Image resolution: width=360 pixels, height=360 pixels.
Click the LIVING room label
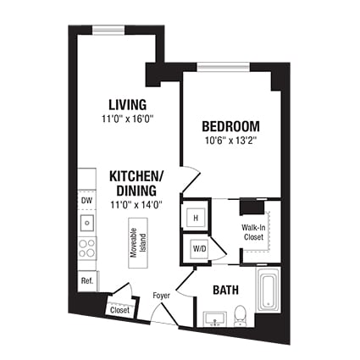click(128, 104)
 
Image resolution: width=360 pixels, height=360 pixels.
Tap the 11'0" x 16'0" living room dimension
click(128, 119)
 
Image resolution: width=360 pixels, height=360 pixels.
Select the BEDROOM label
click(230, 126)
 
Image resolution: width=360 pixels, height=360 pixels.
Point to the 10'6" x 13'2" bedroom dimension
click(231, 141)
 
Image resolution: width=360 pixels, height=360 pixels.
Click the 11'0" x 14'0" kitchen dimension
click(136, 204)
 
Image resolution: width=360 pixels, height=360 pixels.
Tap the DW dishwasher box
click(87, 201)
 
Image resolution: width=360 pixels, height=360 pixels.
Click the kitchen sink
click(87, 223)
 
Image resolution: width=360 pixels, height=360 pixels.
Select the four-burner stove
click(87, 248)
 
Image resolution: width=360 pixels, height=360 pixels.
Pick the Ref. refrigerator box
click(87, 281)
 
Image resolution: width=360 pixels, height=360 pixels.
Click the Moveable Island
click(138, 243)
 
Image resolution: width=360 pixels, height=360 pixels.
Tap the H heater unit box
click(196, 218)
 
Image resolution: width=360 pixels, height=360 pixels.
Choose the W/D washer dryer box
click(200, 249)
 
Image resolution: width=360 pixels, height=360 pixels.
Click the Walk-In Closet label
click(253, 232)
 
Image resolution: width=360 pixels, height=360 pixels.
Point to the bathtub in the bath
click(268, 290)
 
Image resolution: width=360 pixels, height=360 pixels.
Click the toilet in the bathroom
click(241, 315)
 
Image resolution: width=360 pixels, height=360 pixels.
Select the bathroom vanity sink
click(215, 319)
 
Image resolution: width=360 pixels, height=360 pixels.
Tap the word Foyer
click(162, 296)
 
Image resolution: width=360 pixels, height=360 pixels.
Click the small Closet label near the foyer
click(119, 310)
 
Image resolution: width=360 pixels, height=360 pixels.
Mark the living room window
click(109, 30)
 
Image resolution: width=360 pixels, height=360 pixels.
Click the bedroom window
click(224, 67)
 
